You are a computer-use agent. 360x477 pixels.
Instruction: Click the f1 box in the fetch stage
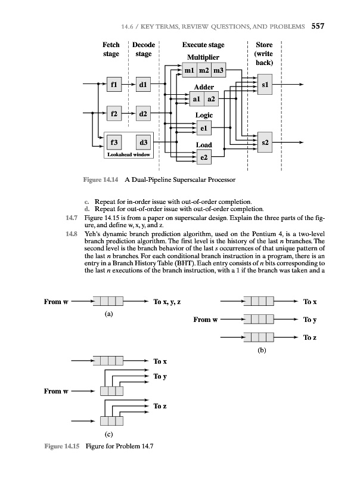pyautogui.click(x=113, y=85)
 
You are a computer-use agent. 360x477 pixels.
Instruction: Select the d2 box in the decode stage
pyautogui.click(x=144, y=113)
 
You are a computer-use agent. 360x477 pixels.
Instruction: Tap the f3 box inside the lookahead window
pyautogui.click(x=113, y=143)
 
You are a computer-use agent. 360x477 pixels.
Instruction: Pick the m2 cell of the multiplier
pyautogui.click(x=203, y=72)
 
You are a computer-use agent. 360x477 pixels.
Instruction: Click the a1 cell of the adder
pyautogui.click(x=196, y=98)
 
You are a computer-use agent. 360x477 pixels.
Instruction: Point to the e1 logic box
pyautogui.click(x=204, y=127)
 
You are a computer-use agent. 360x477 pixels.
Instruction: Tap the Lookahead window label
pyautogui.click(x=128, y=154)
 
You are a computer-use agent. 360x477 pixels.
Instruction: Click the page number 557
pyautogui.click(x=317, y=26)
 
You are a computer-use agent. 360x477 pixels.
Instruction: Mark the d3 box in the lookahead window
pyautogui.click(x=144, y=143)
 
